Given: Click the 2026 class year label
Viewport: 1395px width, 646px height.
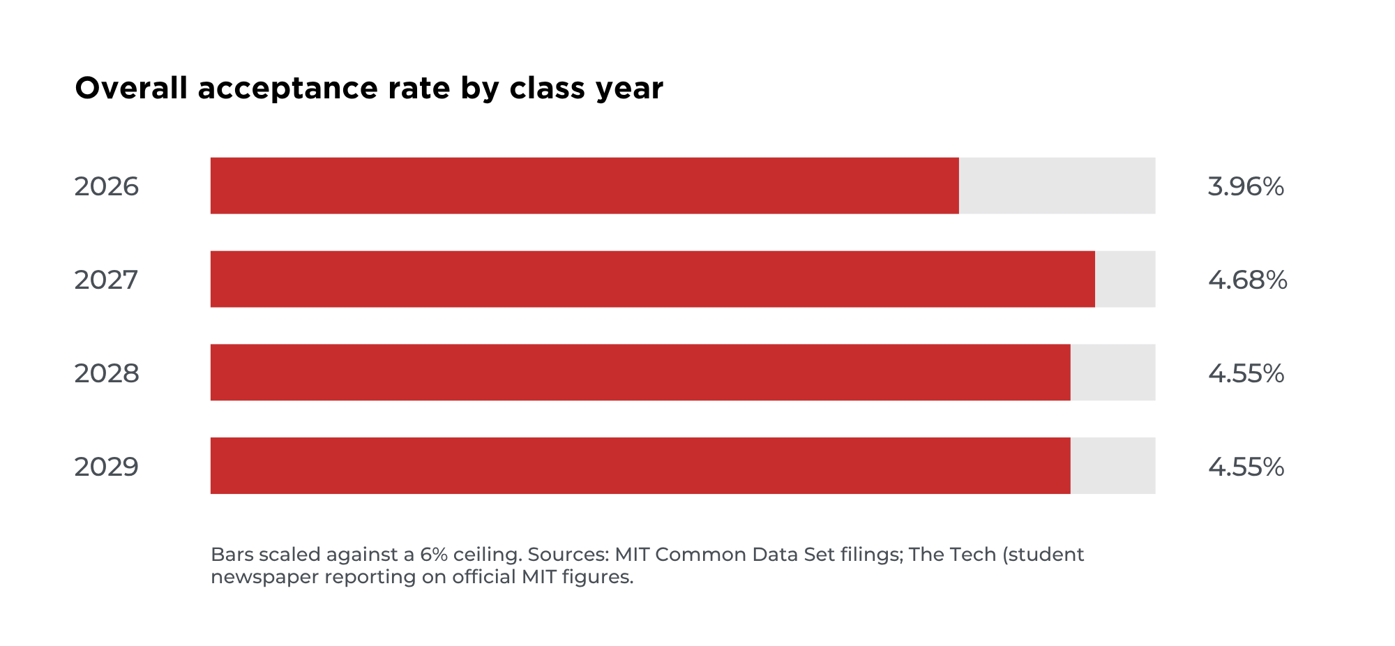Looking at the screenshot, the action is pyautogui.click(x=107, y=186).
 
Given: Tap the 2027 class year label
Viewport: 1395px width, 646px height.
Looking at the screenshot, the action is pyautogui.click(x=107, y=280).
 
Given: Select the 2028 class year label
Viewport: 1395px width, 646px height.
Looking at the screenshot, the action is pyautogui.click(x=107, y=373).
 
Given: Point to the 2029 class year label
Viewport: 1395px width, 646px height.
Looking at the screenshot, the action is pyautogui.click(x=107, y=467).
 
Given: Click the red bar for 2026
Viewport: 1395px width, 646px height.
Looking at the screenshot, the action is pyautogui.click(x=585, y=186).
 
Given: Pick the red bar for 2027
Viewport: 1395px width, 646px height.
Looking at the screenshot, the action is pyautogui.click(x=653, y=279).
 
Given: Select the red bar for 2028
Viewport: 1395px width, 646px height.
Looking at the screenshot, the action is pyautogui.click(x=640, y=373).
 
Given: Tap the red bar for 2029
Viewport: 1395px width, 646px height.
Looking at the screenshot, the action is pyautogui.click(x=640, y=466).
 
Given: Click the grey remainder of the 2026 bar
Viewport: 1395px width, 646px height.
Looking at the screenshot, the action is pyautogui.click(x=1057, y=186).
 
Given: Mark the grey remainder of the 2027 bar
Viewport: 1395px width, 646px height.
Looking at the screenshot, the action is pyautogui.click(x=1125, y=279).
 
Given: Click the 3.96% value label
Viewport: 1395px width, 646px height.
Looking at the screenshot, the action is pyautogui.click(x=1246, y=186).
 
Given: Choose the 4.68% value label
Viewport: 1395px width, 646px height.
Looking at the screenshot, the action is pyautogui.click(x=1248, y=280).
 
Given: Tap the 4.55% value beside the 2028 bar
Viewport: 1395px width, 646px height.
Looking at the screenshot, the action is pyautogui.click(x=1246, y=373).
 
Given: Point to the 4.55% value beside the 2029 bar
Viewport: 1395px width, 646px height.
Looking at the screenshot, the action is pyautogui.click(x=1246, y=467).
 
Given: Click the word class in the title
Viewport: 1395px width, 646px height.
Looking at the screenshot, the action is pyautogui.click(x=548, y=88).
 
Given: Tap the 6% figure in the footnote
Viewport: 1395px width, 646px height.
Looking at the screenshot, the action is pyautogui.click(x=434, y=555).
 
